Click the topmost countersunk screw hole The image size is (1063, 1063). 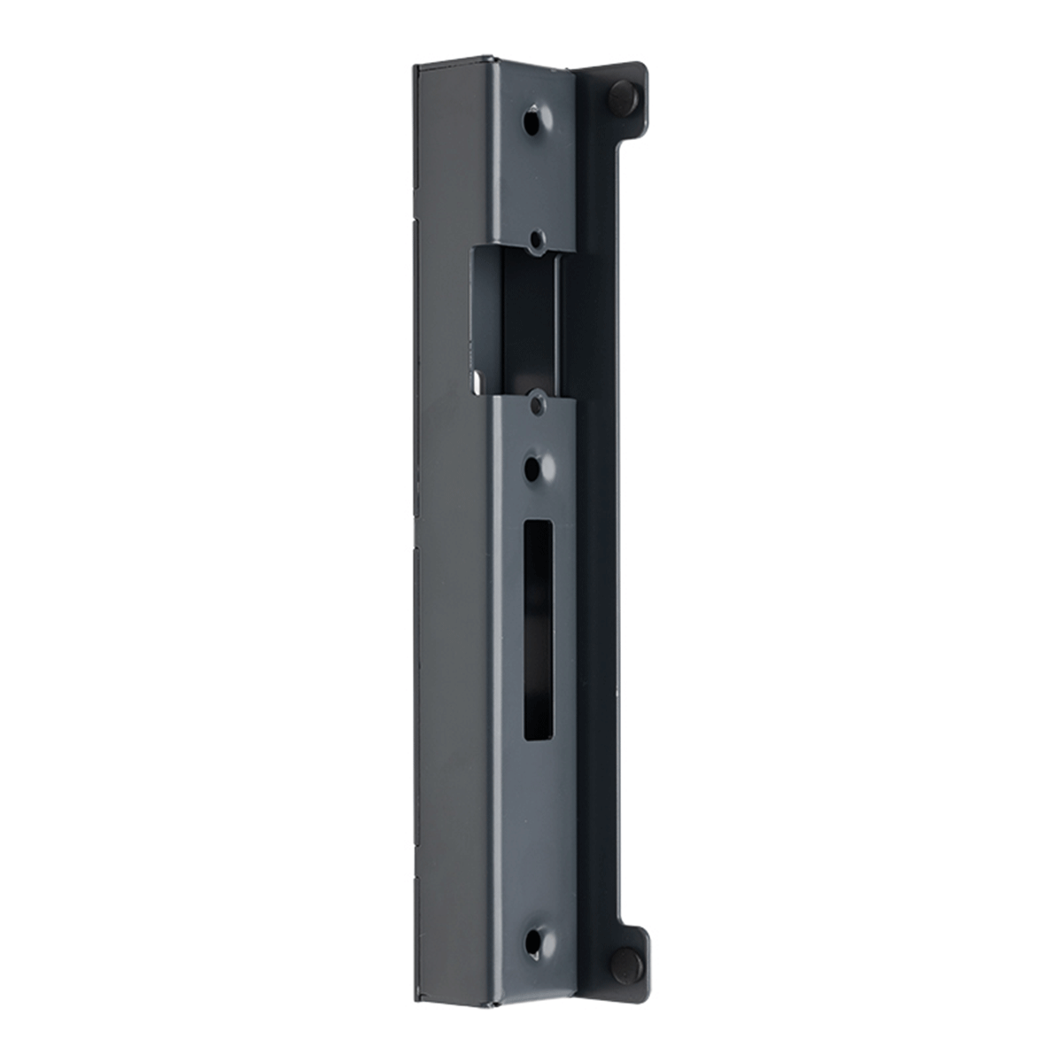coord(533,120)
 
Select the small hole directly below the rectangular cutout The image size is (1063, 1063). coord(536,404)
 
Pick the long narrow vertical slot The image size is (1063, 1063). coord(538,629)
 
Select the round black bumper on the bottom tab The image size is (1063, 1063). coord(625,963)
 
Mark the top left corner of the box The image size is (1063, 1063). coord(416,67)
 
